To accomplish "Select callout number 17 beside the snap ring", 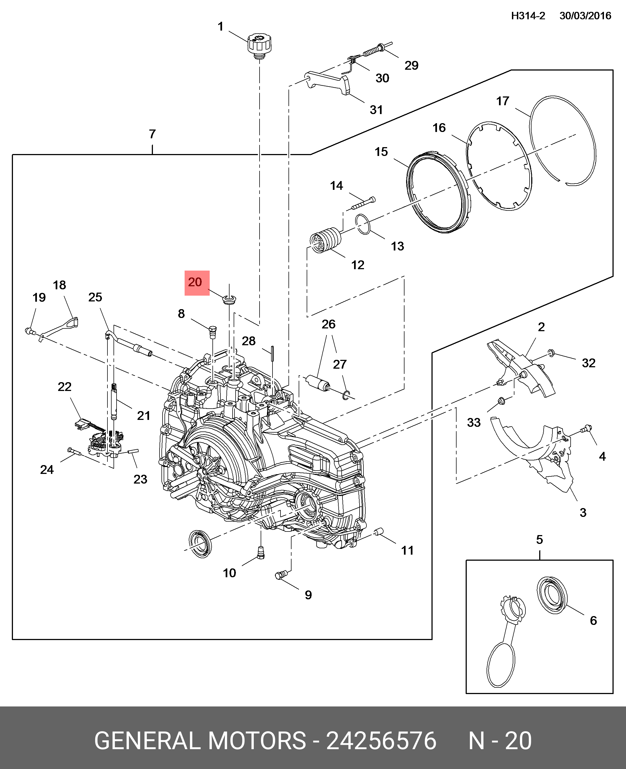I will point(502,101).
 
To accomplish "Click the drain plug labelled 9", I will point(281,575).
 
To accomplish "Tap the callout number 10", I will point(229,573).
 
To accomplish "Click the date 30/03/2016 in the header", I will point(585,16).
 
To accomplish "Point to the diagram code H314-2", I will point(528,16).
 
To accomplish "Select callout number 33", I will point(474,422).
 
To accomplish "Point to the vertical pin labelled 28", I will point(273,353).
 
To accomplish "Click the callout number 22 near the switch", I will point(64,387).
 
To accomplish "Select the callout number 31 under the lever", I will point(376,110).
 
